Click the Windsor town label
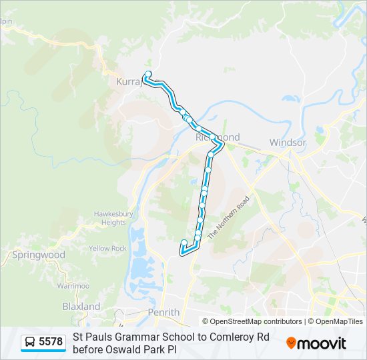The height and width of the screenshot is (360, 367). pos(288,143)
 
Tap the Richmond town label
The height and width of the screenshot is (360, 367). pos(218,137)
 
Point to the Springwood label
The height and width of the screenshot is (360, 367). pos(39,255)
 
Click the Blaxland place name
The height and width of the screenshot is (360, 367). pos(81,307)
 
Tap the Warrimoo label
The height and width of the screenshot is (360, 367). pos(73,286)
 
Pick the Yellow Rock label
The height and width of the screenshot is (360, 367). pos(107,249)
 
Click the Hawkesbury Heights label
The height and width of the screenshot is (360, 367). pos(109,218)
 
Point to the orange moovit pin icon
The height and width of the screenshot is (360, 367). pos(292,343)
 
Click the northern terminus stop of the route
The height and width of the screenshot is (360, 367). pos(148,74)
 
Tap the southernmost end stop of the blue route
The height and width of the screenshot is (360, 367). pos(184,243)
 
